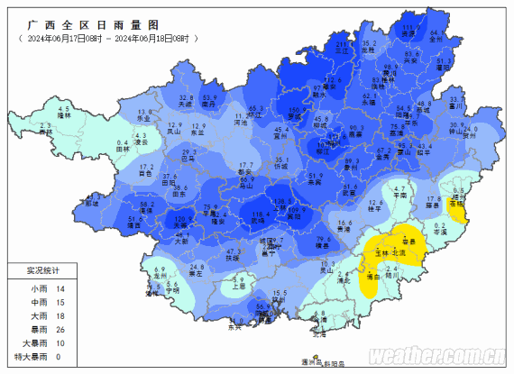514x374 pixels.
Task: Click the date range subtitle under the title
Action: click(x=107, y=39)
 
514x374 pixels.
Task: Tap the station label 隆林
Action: click(x=63, y=116)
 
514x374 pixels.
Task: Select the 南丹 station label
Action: click(x=208, y=105)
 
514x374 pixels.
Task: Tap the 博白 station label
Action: click(x=372, y=277)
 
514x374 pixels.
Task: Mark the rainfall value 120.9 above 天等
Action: click(x=180, y=219)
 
